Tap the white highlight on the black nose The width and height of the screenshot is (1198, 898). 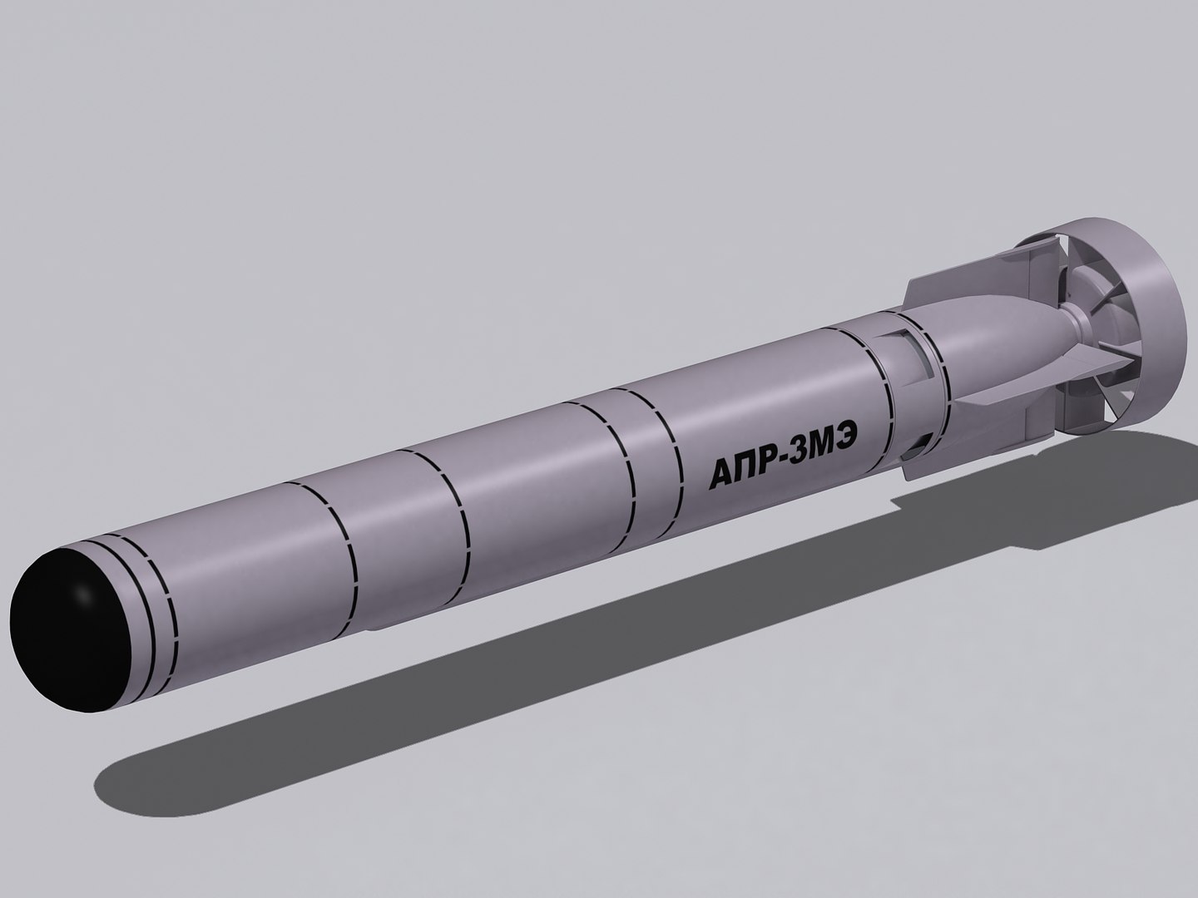pos(82,595)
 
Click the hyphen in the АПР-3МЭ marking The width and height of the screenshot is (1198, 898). pos(791,459)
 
